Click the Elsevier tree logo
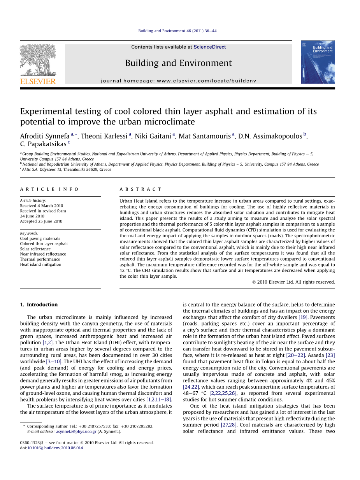[x=38, y=60]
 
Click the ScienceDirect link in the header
[x=209, y=47]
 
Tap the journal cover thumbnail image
[x=318, y=62]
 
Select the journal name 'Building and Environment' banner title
[x=178, y=63]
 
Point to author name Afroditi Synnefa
[x=45, y=136]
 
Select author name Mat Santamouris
[x=205, y=136]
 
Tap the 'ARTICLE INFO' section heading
[x=49, y=189]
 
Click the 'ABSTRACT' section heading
[x=140, y=189]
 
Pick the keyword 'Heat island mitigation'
[x=40, y=265]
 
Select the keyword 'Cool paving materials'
[x=40, y=238]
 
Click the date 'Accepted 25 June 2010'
[x=41, y=221]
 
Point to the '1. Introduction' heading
[x=39, y=305]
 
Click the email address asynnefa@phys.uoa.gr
[x=76, y=431]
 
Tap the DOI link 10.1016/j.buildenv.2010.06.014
[x=55, y=448]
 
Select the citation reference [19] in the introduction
[x=303, y=317]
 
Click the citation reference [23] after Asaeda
[x=330, y=355]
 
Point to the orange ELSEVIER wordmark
[x=38, y=81]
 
